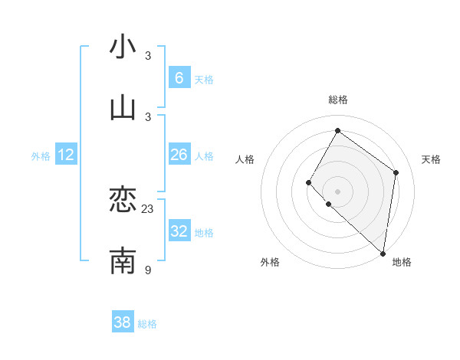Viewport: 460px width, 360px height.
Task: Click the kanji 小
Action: point(123,47)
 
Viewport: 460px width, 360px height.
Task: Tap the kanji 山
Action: point(123,108)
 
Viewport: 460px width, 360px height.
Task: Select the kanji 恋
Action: point(123,201)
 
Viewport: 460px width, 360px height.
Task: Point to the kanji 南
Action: point(123,260)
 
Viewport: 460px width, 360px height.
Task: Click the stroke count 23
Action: point(148,208)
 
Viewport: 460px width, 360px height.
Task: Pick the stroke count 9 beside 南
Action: point(148,269)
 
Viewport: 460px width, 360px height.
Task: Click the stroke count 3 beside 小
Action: point(148,56)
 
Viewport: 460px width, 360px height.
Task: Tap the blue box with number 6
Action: point(179,77)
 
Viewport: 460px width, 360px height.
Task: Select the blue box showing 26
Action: point(179,155)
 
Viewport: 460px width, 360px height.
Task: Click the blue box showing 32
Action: point(179,231)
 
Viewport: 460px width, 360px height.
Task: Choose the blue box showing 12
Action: point(66,155)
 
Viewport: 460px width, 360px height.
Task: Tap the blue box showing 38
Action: point(123,322)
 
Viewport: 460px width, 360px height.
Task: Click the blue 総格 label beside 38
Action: point(147,324)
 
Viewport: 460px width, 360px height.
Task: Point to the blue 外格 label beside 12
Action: point(41,156)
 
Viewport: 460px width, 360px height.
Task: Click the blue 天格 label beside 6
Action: point(204,79)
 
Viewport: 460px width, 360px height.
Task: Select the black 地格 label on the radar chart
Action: point(402,262)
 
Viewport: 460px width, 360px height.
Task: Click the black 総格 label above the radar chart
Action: point(337,100)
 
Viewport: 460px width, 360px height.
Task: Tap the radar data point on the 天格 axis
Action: point(396,172)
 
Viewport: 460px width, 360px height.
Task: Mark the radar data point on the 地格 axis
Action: point(383,253)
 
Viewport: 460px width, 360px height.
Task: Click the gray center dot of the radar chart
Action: point(337,191)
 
